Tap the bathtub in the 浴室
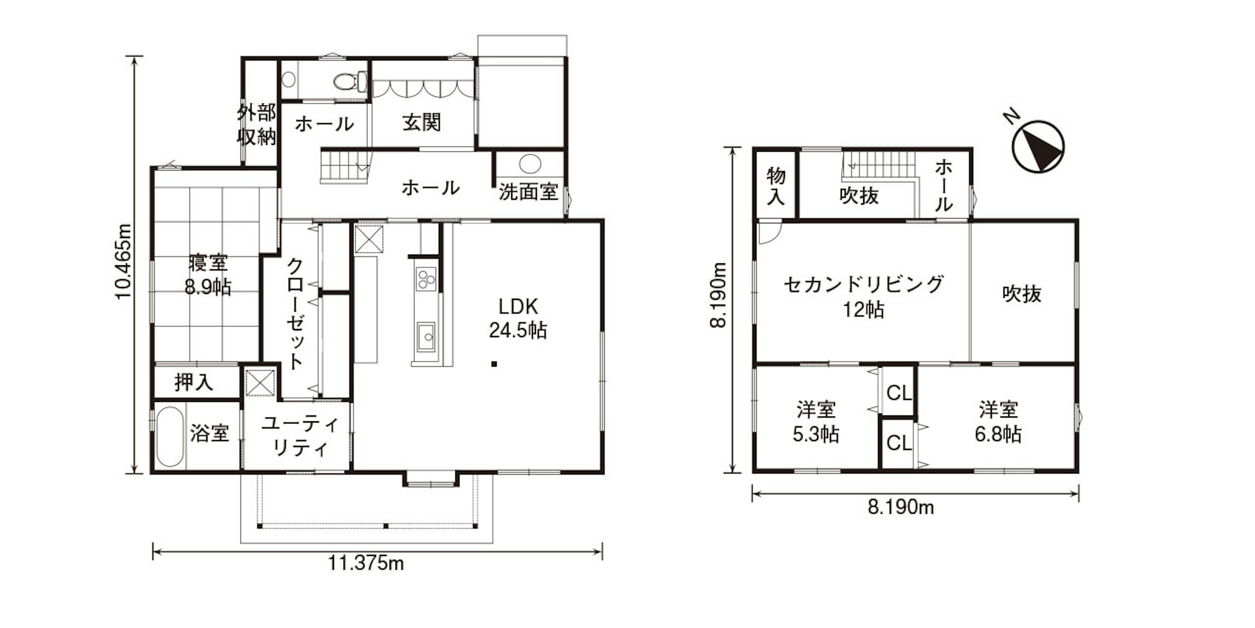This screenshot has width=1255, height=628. click(x=170, y=437)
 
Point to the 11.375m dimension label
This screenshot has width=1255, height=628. click(x=365, y=564)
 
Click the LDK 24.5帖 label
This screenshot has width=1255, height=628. click(x=518, y=318)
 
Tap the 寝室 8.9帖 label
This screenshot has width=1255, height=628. click(x=208, y=274)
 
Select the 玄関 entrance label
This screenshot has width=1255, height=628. click(x=422, y=122)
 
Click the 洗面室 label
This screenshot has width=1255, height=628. click(x=528, y=192)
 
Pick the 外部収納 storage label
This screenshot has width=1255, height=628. click(x=257, y=124)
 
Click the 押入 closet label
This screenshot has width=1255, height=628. click(x=194, y=382)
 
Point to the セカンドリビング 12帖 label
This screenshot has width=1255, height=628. click(x=864, y=297)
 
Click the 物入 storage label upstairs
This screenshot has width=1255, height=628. click(x=776, y=186)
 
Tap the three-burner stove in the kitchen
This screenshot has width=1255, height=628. click(x=426, y=280)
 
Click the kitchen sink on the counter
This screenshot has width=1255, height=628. click(x=426, y=337)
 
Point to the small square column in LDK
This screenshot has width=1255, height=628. click(x=494, y=363)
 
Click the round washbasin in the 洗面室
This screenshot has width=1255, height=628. click(x=530, y=164)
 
